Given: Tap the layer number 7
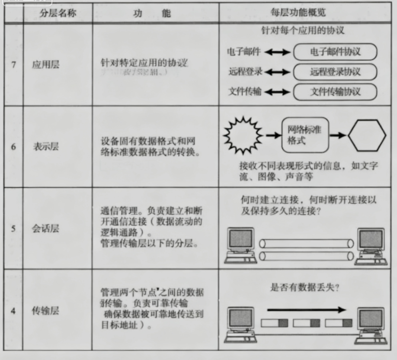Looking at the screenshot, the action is click(14, 65).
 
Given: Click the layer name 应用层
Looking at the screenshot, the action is click(45, 65).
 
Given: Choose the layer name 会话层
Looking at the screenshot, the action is click(45, 228).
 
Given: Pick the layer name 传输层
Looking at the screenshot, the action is click(45, 310).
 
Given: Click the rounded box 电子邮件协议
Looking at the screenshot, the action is click(335, 52).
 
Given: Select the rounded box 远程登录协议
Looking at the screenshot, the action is click(335, 72).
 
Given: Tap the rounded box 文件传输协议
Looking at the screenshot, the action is click(335, 92).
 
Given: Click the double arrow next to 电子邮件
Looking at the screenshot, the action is click(277, 52).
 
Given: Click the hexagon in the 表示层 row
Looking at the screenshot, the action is click(367, 135).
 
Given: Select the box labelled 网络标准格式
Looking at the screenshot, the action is click(305, 135).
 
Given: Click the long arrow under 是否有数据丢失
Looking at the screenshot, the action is click(306, 309).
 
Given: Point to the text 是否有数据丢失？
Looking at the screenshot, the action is click(305, 288).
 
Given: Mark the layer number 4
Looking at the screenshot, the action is click(14, 311).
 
